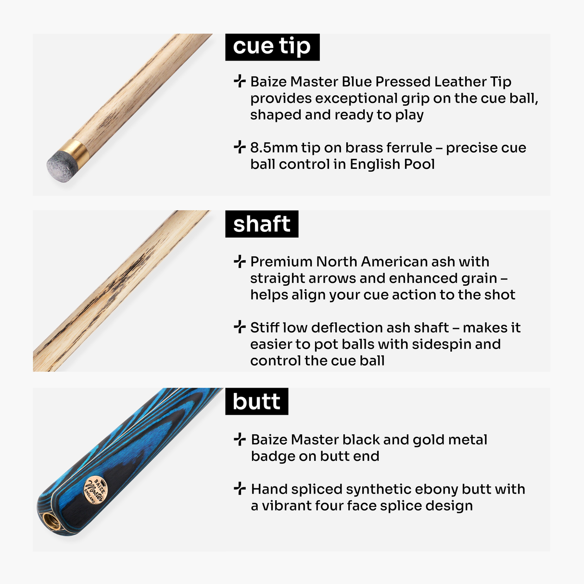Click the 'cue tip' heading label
coord(272,47)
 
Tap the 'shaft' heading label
coord(262,224)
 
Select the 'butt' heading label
coord(256,402)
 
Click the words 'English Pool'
coord(392,164)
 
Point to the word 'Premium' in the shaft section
coord(281,262)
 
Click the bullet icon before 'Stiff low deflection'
coord(240,327)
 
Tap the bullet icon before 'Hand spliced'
coord(240,488)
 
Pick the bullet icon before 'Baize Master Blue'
coord(240,81)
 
